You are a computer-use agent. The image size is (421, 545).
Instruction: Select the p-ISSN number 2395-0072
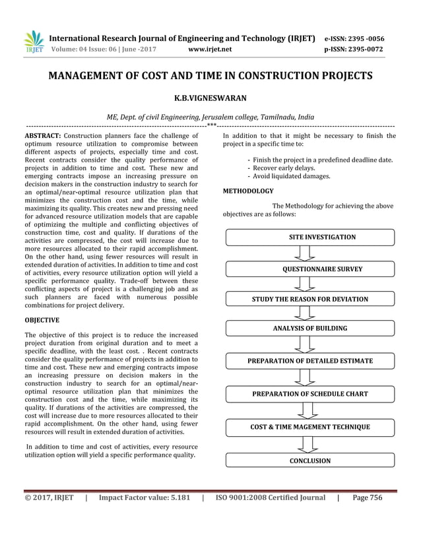(x=366, y=49)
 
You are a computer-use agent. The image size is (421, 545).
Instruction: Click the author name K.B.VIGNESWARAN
(x=210, y=98)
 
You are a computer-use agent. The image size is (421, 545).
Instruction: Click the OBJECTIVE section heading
(x=42, y=320)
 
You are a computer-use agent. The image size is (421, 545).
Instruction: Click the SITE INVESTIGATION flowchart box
(x=309, y=237)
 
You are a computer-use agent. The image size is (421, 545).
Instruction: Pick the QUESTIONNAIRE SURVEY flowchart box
(x=309, y=269)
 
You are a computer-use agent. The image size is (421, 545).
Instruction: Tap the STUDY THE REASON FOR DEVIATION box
(x=309, y=299)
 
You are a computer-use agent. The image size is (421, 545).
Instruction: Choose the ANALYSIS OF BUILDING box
(x=309, y=328)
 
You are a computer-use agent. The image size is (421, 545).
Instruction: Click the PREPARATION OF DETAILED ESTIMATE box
(x=309, y=361)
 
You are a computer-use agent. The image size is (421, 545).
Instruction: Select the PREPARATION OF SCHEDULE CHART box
(x=309, y=394)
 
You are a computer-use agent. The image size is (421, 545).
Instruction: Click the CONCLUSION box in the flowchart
(x=309, y=461)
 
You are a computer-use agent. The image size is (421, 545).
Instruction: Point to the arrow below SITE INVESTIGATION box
(x=305, y=253)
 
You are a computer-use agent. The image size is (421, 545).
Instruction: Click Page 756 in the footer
(x=368, y=498)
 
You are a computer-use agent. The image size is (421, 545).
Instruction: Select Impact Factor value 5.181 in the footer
(x=144, y=498)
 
